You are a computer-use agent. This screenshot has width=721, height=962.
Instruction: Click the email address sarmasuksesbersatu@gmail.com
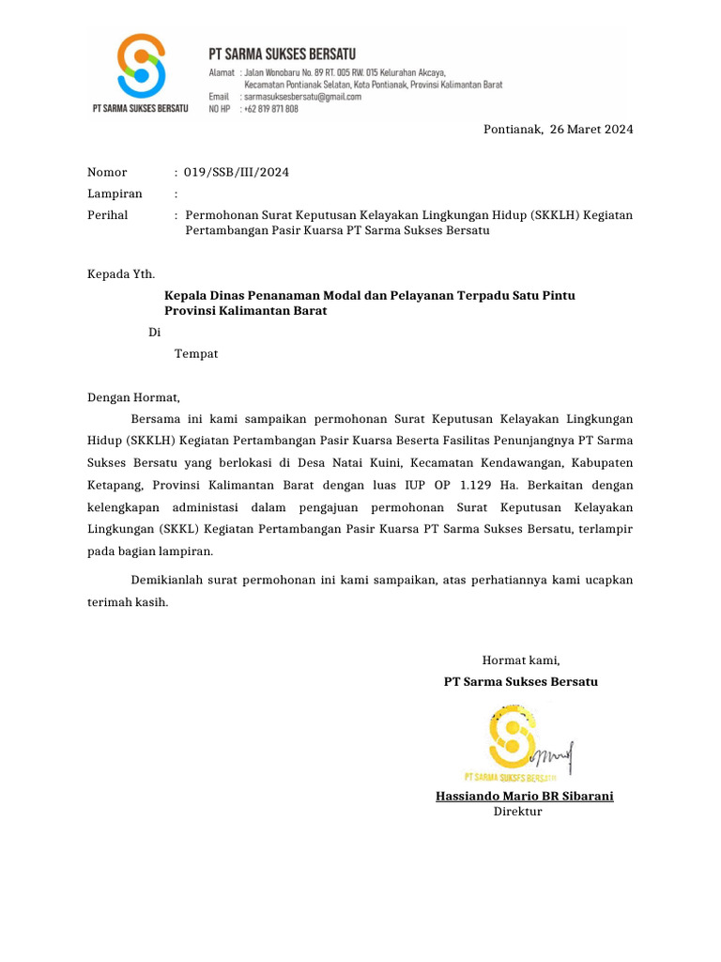(301, 97)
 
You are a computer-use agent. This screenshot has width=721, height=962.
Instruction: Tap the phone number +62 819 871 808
(270, 109)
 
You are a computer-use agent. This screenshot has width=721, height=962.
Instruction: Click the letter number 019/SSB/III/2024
(237, 172)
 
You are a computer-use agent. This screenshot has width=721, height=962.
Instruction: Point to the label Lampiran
(115, 194)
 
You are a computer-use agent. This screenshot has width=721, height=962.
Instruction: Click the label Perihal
(108, 215)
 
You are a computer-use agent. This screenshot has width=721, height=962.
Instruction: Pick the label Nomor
(107, 172)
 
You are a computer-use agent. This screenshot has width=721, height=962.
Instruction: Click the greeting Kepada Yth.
(121, 274)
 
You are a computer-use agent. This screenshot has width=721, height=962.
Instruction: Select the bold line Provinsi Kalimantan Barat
(246, 311)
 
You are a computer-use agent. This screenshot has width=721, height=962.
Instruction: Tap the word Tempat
(196, 353)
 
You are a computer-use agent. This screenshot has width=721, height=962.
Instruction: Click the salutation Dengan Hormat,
(132, 397)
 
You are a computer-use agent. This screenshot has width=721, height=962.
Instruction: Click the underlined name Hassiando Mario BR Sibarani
(524, 797)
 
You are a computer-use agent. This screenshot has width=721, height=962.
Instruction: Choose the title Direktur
(518, 812)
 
